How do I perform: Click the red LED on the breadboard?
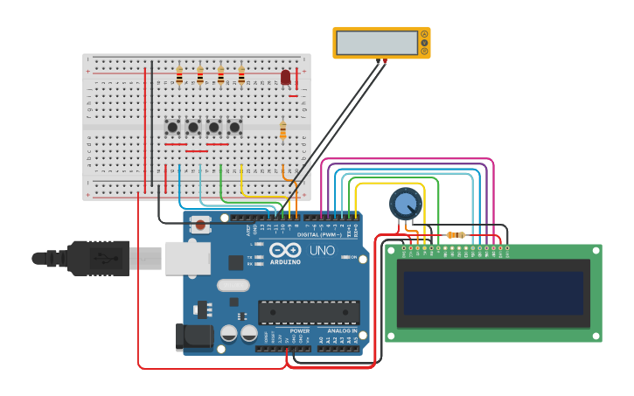coord(285,77)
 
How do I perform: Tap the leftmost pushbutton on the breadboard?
coord(172,128)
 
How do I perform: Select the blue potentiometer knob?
coord(404,204)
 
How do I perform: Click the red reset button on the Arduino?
coord(201,225)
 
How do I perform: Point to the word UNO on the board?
coord(322,251)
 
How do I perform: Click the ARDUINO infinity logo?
coord(285,252)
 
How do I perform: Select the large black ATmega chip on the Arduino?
coord(309,312)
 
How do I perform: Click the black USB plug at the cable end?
coord(87,258)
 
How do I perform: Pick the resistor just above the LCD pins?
coord(455,234)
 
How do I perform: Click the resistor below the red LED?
coord(282,130)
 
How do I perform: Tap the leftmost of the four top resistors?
coord(179,76)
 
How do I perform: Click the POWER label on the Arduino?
coord(299,331)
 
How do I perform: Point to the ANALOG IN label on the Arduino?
coord(341,331)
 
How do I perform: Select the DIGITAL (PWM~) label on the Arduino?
coord(320,234)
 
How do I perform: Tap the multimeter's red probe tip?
coord(385,61)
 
